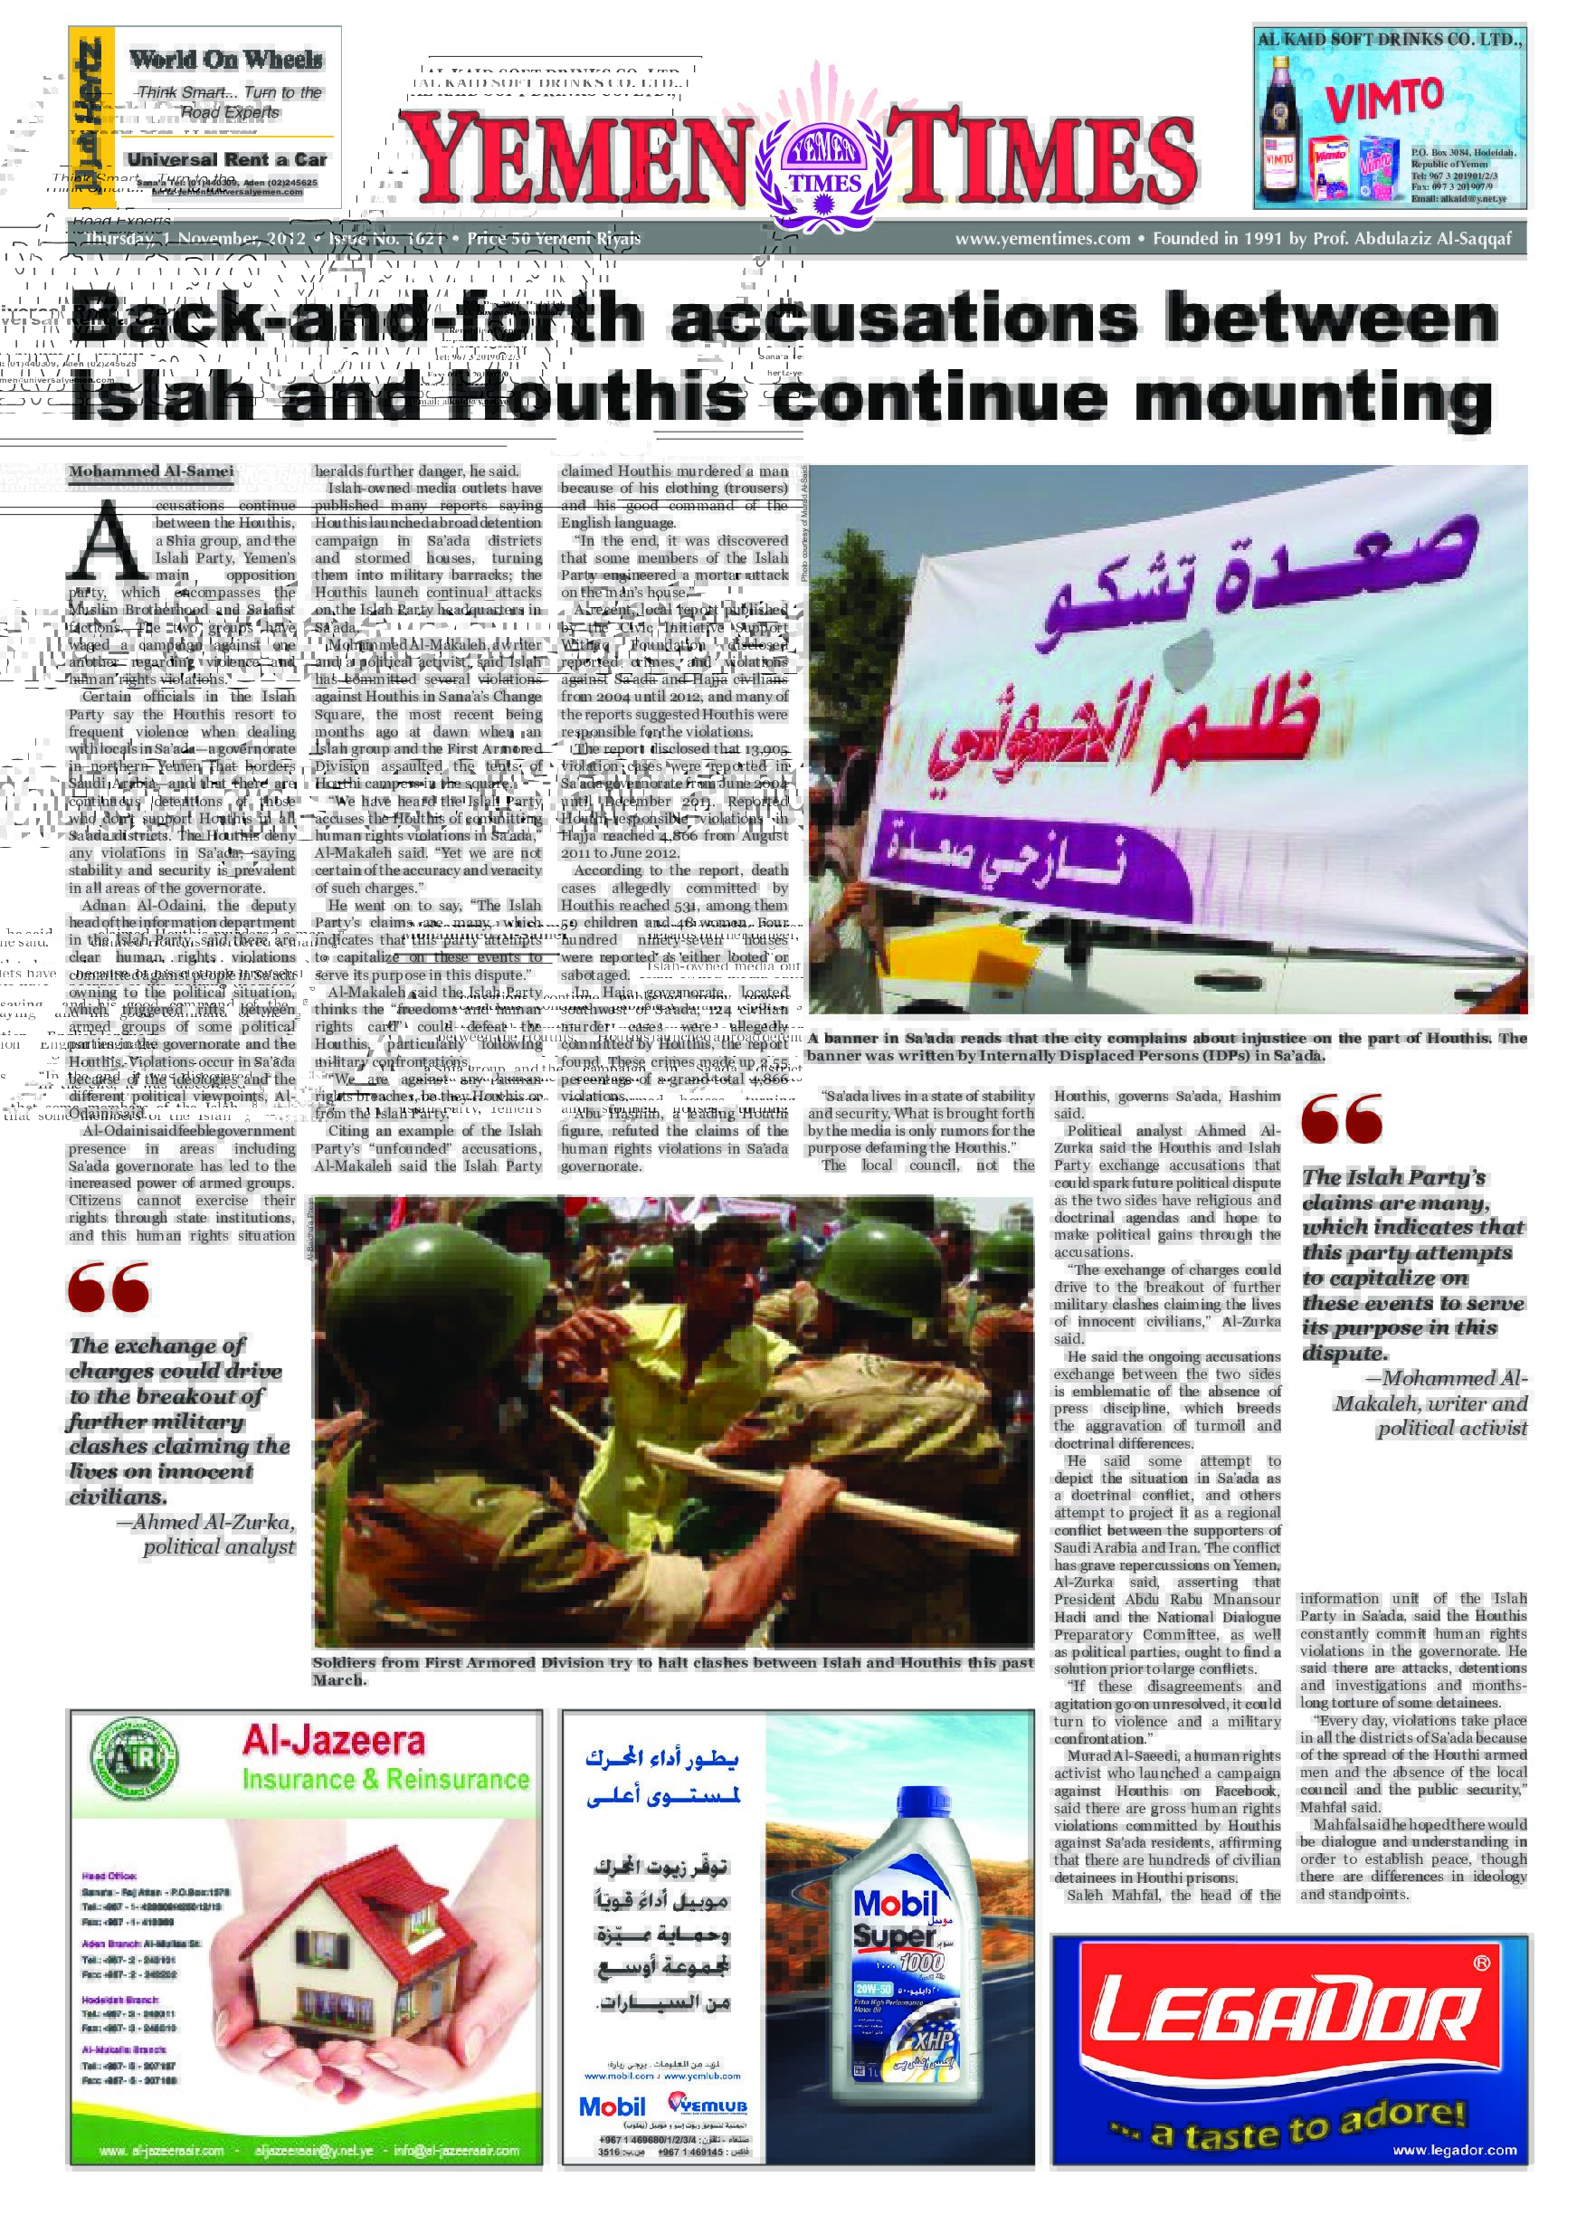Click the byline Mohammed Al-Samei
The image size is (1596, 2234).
click(x=151, y=471)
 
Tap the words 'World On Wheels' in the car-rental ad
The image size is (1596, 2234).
click(x=226, y=60)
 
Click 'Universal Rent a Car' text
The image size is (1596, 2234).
click(x=226, y=159)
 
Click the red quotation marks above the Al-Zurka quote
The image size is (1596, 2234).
click(x=108, y=1288)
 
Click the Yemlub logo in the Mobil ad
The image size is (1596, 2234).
click(x=707, y=2106)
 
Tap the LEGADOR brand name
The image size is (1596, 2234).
click(x=1287, y=2004)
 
